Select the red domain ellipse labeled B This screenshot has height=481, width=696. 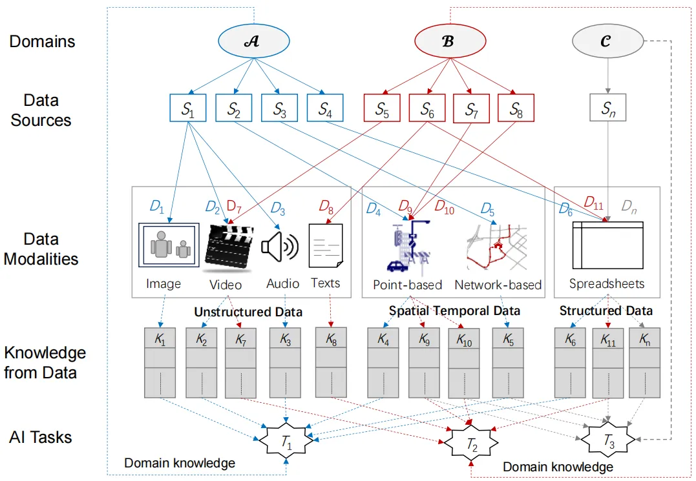pos(448,41)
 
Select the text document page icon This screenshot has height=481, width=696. pos(326,247)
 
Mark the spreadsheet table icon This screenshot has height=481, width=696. pos(607,247)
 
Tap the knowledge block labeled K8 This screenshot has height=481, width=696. pos(331,362)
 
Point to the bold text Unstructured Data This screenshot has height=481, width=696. pos(249,312)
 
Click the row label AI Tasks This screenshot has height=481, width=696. pos(41,437)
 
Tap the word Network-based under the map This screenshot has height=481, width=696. pos(498,285)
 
